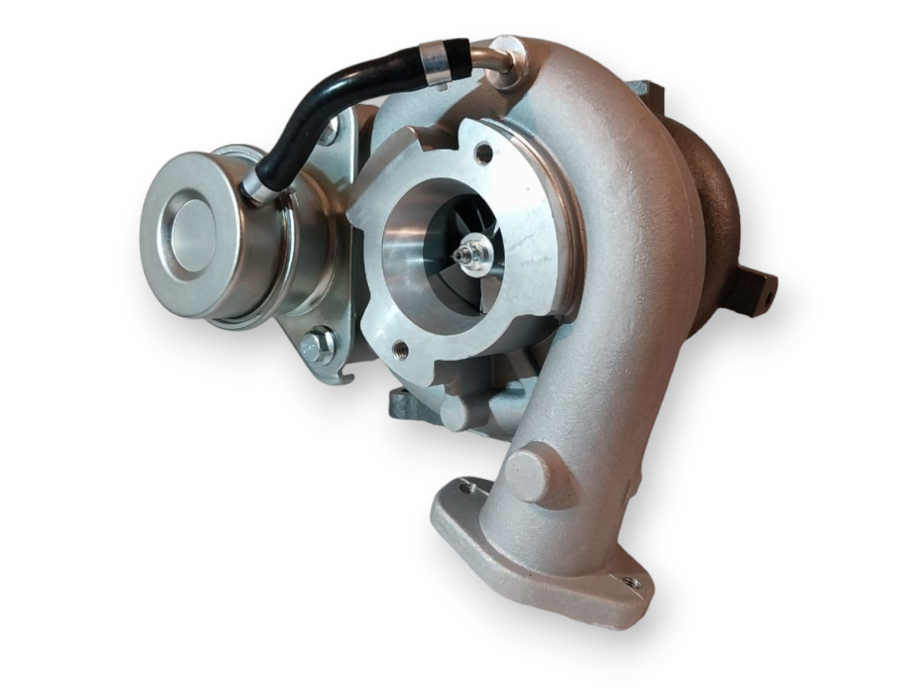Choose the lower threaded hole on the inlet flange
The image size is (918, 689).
click(399, 350)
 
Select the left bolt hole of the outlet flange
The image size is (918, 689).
click(470, 488)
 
